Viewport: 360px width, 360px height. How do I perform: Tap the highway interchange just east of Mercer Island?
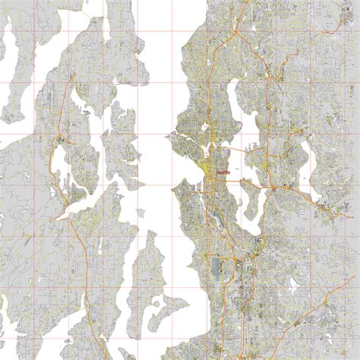(x=272, y=187)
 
